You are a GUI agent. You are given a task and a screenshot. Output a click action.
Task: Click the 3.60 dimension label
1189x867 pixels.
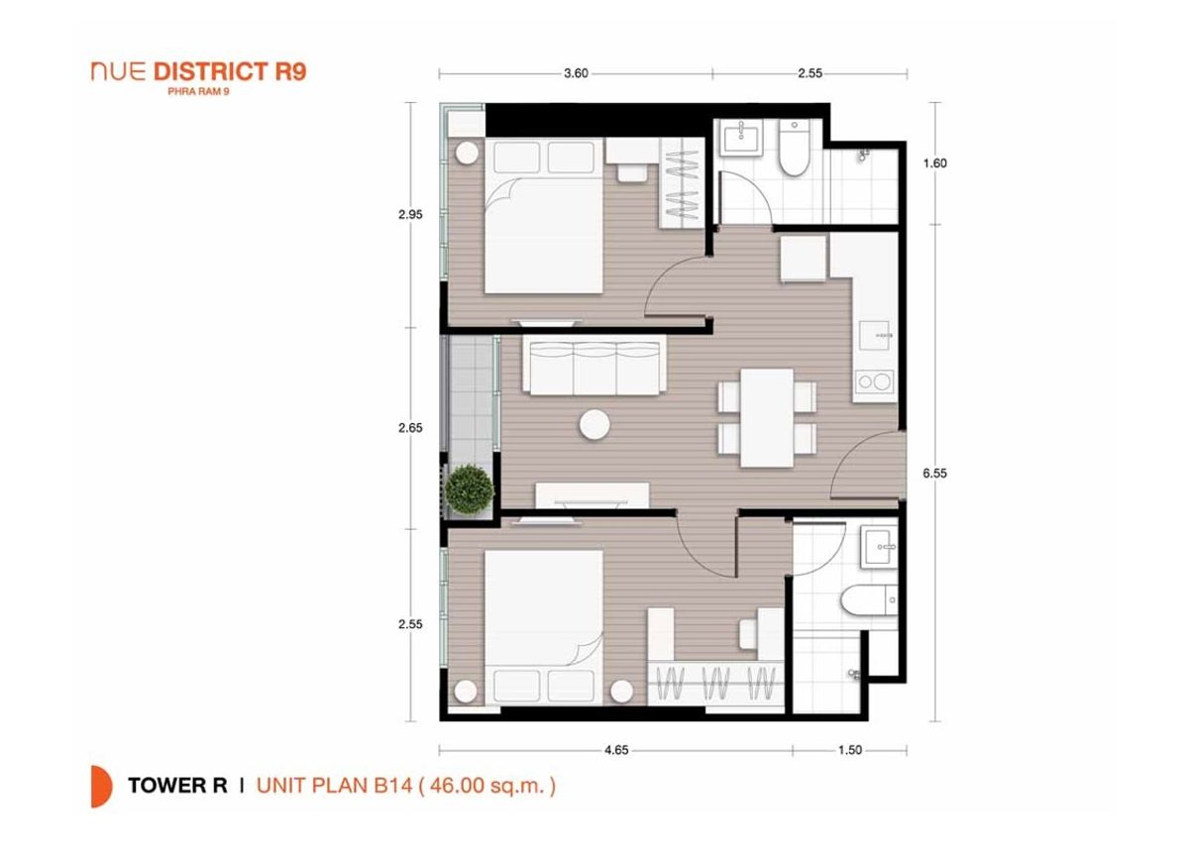(x=576, y=73)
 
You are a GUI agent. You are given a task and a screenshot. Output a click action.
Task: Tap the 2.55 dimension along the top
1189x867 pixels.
(x=811, y=73)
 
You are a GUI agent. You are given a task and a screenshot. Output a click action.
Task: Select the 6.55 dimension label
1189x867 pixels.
(x=934, y=473)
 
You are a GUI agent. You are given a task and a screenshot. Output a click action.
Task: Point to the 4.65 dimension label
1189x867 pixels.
(x=616, y=750)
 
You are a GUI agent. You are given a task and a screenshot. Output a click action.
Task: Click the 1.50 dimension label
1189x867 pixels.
(x=850, y=750)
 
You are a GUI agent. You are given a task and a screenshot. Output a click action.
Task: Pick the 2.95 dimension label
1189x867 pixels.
(x=411, y=215)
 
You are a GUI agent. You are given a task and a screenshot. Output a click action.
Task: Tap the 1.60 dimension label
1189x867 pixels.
(x=934, y=163)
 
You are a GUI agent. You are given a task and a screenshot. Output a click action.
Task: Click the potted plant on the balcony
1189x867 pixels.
(x=470, y=489)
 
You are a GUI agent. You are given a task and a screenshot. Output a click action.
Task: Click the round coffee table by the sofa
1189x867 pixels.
(x=594, y=425)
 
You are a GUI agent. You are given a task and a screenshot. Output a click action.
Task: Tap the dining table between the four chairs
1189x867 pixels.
(x=767, y=418)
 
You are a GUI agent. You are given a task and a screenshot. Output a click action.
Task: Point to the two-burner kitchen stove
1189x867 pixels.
(x=874, y=381)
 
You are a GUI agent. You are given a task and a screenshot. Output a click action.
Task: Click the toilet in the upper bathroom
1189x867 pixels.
(x=794, y=148)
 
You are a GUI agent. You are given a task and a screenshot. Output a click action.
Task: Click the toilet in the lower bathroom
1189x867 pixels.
(x=870, y=600)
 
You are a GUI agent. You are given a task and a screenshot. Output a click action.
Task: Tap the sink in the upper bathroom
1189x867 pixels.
(x=741, y=137)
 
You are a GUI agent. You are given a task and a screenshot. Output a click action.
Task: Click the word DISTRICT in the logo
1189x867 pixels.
(x=211, y=71)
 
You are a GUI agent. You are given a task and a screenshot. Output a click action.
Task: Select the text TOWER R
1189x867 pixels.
(x=177, y=786)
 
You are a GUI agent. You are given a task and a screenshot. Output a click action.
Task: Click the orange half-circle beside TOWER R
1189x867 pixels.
(x=101, y=787)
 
